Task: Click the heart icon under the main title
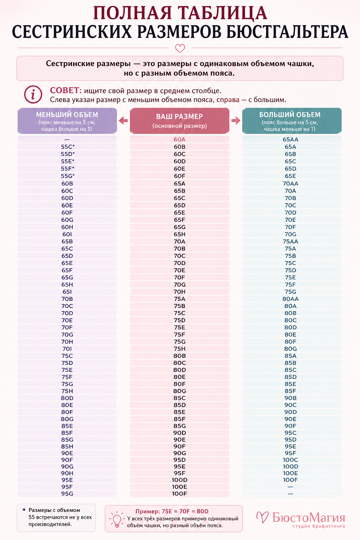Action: click(x=180, y=48)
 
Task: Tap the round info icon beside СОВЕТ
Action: click(x=33, y=95)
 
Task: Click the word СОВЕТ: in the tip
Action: click(x=66, y=91)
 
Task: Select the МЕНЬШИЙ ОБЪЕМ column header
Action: click(x=67, y=121)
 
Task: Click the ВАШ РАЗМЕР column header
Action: click(x=180, y=121)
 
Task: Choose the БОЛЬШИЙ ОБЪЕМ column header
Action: click(x=292, y=121)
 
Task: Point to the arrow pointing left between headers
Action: click(x=123, y=120)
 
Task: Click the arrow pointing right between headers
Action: click(x=236, y=120)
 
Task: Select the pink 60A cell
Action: click(x=180, y=140)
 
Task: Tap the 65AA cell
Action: click(x=290, y=140)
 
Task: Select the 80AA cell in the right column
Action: click(x=290, y=299)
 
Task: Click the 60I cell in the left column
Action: click(x=67, y=234)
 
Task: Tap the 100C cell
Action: click(x=290, y=460)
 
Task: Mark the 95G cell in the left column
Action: click(x=67, y=494)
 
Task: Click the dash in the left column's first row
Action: click(x=67, y=140)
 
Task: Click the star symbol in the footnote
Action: click(x=24, y=510)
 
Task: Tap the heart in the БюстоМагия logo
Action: click(x=263, y=517)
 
